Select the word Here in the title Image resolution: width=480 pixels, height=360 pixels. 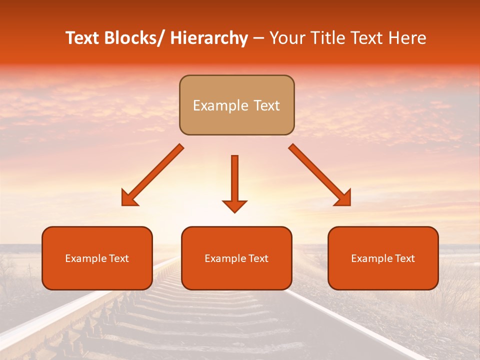point(408,38)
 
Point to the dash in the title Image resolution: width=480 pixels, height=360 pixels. point(258,39)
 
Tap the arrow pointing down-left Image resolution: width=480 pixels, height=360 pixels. point(152,175)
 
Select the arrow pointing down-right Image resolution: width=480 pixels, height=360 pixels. point(320,175)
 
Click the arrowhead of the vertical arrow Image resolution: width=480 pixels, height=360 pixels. point(234,206)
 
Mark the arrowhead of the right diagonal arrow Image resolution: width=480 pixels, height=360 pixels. point(344,199)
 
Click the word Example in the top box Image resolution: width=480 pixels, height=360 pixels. point(220,105)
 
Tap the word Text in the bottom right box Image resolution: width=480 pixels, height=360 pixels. point(404,258)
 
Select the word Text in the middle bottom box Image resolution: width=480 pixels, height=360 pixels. point(258,258)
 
